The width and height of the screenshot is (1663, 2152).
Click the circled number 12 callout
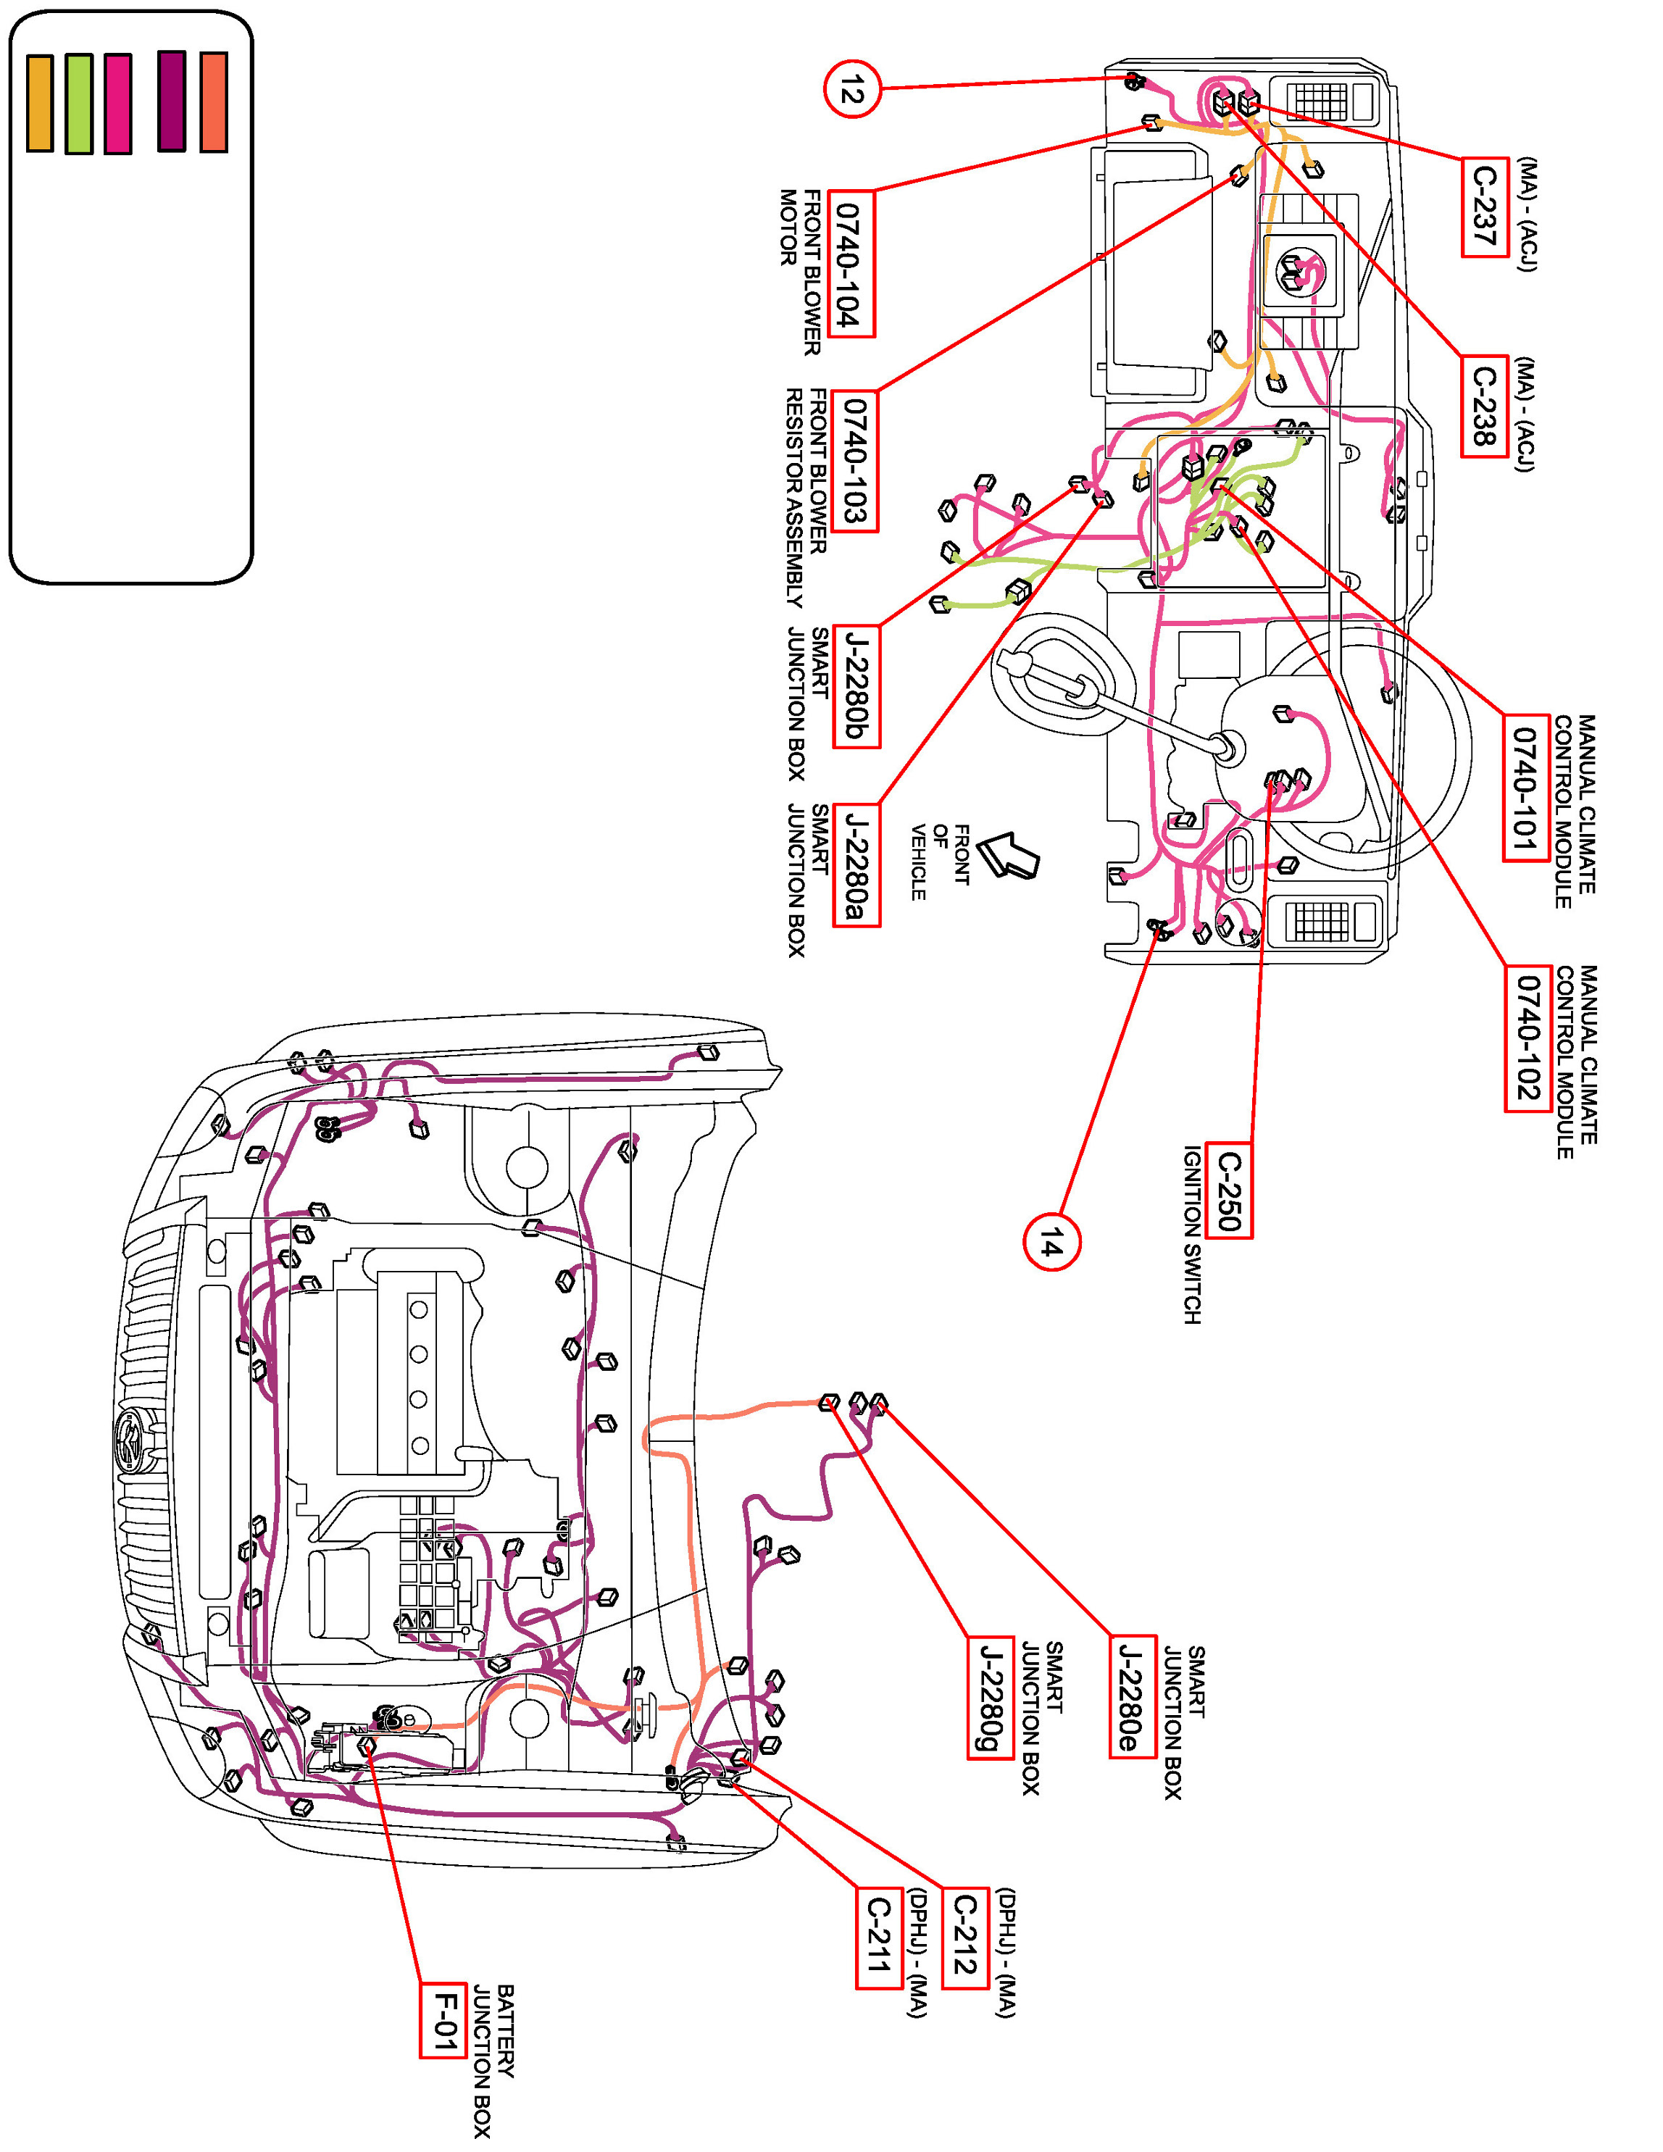pyautogui.click(x=851, y=90)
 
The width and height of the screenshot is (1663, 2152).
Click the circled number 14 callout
pyautogui.click(x=1051, y=1243)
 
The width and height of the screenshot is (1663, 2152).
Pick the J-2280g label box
pyautogui.click(x=989, y=1698)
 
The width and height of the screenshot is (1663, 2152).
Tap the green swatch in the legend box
pyautogui.click(x=79, y=104)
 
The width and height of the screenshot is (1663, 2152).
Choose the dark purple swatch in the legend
pyautogui.click(x=172, y=101)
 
